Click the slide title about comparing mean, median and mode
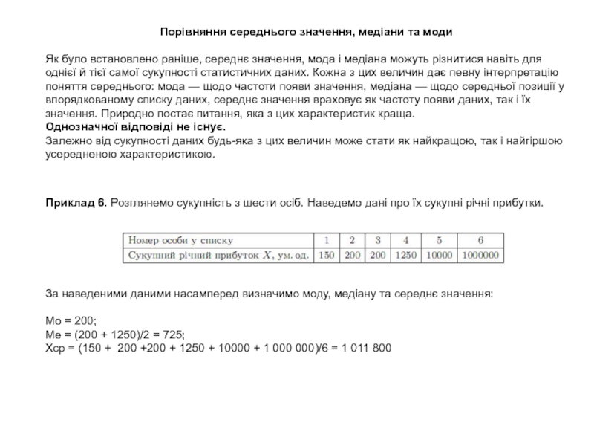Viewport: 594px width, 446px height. (x=306, y=33)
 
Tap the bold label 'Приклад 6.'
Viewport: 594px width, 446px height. (x=76, y=202)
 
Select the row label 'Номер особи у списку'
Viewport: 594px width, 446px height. (x=180, y=240)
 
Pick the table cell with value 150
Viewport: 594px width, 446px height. (x=325, y=254)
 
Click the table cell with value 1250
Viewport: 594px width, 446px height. (x=405, y=254)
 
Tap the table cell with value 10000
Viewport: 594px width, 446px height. (x=440, y=254)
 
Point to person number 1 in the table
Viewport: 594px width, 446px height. (x=325, y=240)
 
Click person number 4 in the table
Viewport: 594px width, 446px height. (x=405, y=240)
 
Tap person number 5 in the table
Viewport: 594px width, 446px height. (x=440, y=240)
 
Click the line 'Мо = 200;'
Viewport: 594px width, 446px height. (x=71, y=320)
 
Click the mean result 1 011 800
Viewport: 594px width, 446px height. (x=361, y=348)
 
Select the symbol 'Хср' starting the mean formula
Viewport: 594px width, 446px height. (x=56, y=348)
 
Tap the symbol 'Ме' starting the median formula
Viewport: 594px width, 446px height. (x=53, y=334)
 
